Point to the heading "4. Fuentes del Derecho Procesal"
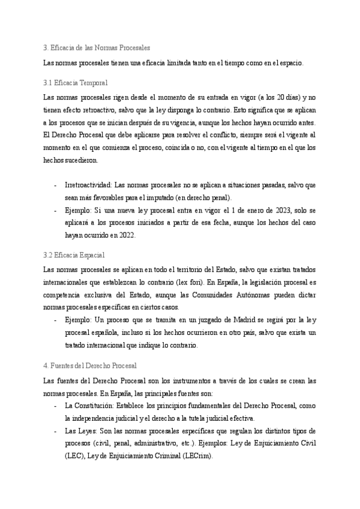(91, 365)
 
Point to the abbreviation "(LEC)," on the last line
(74, 456)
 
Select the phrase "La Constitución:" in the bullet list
(89, 406)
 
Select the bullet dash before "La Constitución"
(55, 406)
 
